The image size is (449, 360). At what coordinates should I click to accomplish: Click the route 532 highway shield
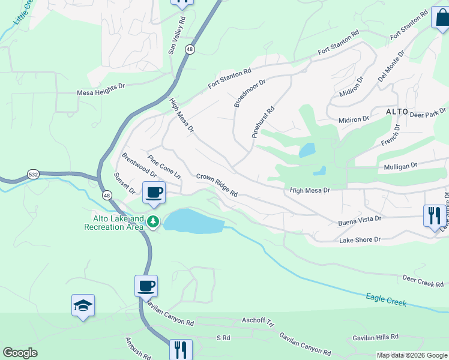coord(34,175)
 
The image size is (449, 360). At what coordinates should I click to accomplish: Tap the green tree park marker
coord(154,223)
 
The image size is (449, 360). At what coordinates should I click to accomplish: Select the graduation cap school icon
coord(83,306)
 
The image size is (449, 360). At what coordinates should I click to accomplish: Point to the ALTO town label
coord(397,112)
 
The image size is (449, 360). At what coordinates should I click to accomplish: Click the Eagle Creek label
coord(386,299)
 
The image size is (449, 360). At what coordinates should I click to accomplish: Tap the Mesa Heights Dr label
coord(100,93)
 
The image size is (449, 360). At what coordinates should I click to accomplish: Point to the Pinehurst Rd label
coord(263,122)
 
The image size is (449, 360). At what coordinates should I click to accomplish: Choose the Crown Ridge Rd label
coord(217,185)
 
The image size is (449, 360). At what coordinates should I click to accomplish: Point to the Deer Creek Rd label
coord(423,280)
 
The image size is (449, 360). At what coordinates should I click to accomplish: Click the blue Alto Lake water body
coord(192,221)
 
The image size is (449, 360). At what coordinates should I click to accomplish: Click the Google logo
coord(20,353)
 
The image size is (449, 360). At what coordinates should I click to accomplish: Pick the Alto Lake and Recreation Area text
coord(114,223)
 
